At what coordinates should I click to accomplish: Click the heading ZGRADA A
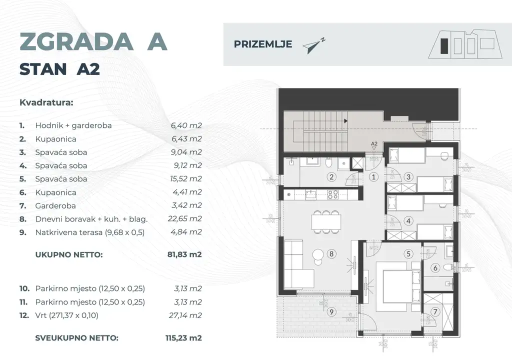coord(93,42)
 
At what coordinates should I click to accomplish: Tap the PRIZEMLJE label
coord(262,44)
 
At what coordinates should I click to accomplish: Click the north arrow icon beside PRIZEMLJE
coord(314,45)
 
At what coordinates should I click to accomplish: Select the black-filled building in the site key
coord(443,47)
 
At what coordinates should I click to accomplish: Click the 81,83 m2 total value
coord(184,254)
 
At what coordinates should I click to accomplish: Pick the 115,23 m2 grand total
coord(183,338)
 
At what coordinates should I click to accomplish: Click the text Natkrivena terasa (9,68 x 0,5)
coord(90,232)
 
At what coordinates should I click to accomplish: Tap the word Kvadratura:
coord(46,103)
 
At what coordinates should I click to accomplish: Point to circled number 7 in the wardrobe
coord(435,312)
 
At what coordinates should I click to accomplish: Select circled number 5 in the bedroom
coord(408,254)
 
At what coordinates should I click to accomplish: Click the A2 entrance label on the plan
coord(374,144)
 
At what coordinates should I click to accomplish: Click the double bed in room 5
coord(394,287)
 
